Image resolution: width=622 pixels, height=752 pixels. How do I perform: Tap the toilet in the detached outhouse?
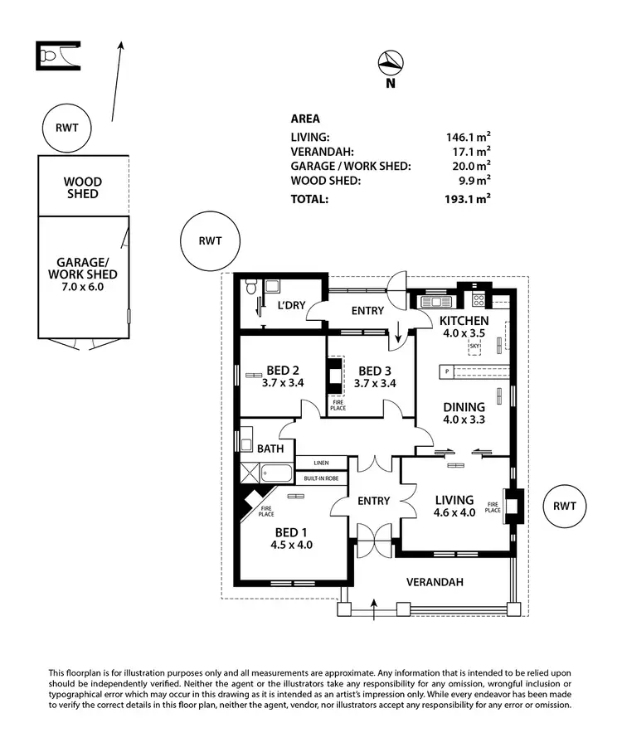click(50, 56)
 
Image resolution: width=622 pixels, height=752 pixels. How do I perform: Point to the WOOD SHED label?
click(83, 187)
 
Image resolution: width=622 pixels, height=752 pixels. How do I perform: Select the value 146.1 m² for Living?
click(468, 137)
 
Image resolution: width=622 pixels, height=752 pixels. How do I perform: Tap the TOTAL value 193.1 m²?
click(468, 199)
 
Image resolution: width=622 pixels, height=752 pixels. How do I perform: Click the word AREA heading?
click(305, 119)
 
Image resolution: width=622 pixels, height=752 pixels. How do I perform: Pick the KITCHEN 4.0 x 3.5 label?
click(464, 327)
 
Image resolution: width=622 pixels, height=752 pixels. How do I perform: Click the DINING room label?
click(464, 413)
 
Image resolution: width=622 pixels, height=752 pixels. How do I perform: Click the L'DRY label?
click(292, 306)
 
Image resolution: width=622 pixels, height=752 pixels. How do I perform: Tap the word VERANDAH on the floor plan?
click(433, 582)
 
